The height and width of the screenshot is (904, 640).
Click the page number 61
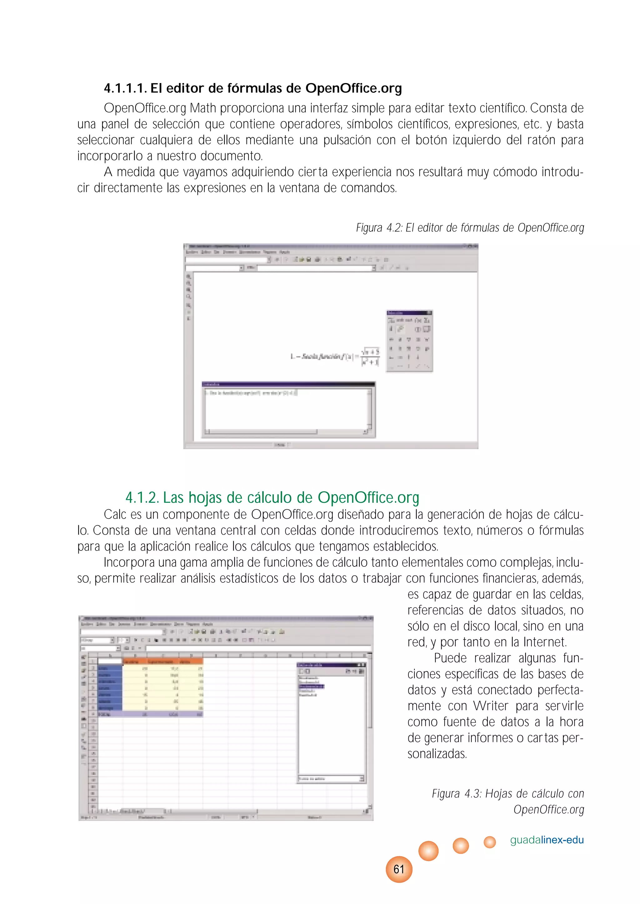pyautogui.click(x=399, y=869)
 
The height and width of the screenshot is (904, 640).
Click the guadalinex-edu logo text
pyautogui.click(x=547, y=839)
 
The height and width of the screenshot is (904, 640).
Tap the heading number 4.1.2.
pyautogui.click(x=142, y=498)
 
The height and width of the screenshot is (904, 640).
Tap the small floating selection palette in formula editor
pyautogui.click(x=409, y=341)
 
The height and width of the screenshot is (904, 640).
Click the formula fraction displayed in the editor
pyautogui.click(x=370, y=357)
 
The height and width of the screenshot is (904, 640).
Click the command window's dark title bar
pyautogui.click(x=288, y=384)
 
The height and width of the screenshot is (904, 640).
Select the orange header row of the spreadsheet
pyautogui.click(x=162, y=661)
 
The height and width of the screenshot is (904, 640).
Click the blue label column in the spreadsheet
pyautogui.click(x=110, y=688)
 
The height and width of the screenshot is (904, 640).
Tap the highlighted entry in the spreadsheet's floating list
pyautogui.click(x=311, y=686)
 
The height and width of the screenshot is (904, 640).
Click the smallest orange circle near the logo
pyautogui.click(x=489, y=842)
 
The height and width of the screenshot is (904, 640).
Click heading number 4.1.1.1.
pyautogui.click(x=125, y=88)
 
